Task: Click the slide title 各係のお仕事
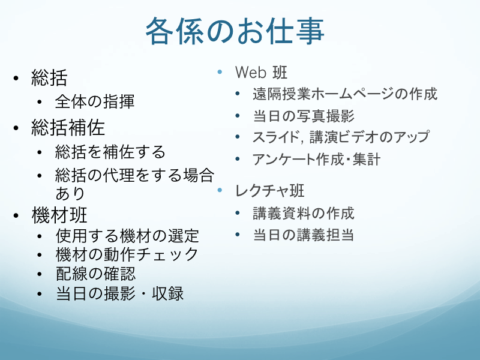pyautogui.click(x=235, y=31)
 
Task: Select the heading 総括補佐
pyautogui.click(x=68, y=127)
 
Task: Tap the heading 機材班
pyautogui.click(x=59, y=215)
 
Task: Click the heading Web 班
pyautogui.click(x=261, y=73)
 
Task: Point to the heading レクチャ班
pyautogui.click(x=269, y=190)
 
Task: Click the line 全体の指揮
pyautogui.click(x=95, y=101)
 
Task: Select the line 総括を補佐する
pyautogui.click(x=110, y=152)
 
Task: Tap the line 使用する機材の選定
pyautogui.click(x=127, y=236)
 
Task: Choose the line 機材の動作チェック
pyautogui.click(x=127, y=254)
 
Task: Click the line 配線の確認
pyautogui.click(x=95, y=274)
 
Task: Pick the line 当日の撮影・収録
pyautogui.click(x=119, y=293)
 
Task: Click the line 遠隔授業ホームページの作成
pyautogui.click(x=345, y=94)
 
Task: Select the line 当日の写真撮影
pyautogui.click(x=304, y=116)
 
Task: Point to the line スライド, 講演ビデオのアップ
pyautogui.click(x=341, y=137)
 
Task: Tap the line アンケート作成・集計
pyautogui.click(x=317, y=159)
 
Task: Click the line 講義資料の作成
pyautogui.click(x=304, y=214)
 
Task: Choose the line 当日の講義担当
pyautogui.click(x=304, y=235)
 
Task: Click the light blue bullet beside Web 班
pyautogui.click(x=220, y=72)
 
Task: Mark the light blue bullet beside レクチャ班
pyautogui.click(x=220, y=190)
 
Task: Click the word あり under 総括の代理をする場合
pyautogui.click(x=70, y=193)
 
